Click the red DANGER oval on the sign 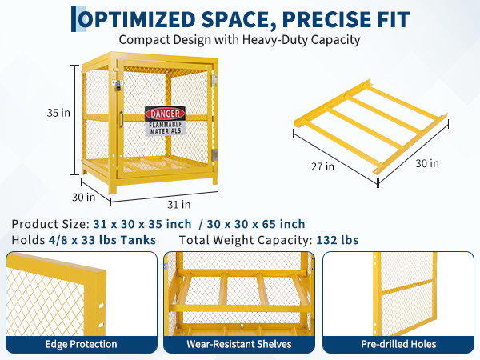165,114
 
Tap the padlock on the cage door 118,86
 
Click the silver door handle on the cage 121,119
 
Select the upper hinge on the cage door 214,81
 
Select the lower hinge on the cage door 214,155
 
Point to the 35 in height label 58,113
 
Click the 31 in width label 178,205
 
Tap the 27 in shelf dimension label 322,166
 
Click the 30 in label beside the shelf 427,163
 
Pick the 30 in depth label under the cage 83,197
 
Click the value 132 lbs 338,240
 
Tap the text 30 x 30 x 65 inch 256,224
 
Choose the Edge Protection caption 81,344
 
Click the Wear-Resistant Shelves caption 239,344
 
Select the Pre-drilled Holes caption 398,344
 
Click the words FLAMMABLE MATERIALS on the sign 166,128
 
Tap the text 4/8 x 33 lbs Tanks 102,240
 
